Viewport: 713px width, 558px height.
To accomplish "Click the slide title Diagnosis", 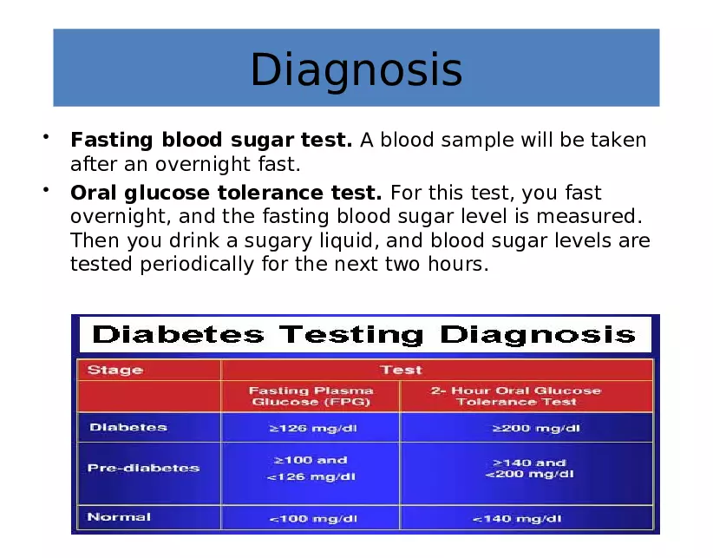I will (x=356, y=69).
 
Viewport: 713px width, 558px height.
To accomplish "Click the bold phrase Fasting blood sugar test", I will (x=211, y=140).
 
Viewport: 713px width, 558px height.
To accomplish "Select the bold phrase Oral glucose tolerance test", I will (x=226, y=192).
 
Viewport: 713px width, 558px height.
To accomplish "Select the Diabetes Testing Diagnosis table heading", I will (x=364, y=334).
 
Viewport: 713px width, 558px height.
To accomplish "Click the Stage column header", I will (x=114, y=370).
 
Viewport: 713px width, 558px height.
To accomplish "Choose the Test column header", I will (x=401, y=370).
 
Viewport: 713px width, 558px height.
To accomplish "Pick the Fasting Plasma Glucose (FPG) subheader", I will (x=311, y=396).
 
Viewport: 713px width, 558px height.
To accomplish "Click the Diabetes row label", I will (x=128, y=427).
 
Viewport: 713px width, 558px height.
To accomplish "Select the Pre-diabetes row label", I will (x=143, y=468).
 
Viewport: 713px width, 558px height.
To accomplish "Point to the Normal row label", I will (x=119, y=517).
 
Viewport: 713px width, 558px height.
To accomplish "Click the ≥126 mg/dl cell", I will (x=311, y=428).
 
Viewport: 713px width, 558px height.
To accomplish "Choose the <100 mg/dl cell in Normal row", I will (x=311, y=518).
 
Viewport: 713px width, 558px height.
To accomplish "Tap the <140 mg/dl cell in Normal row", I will (x=517, y=518).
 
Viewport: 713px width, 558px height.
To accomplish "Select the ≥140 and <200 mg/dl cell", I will (x=529, y=469).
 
